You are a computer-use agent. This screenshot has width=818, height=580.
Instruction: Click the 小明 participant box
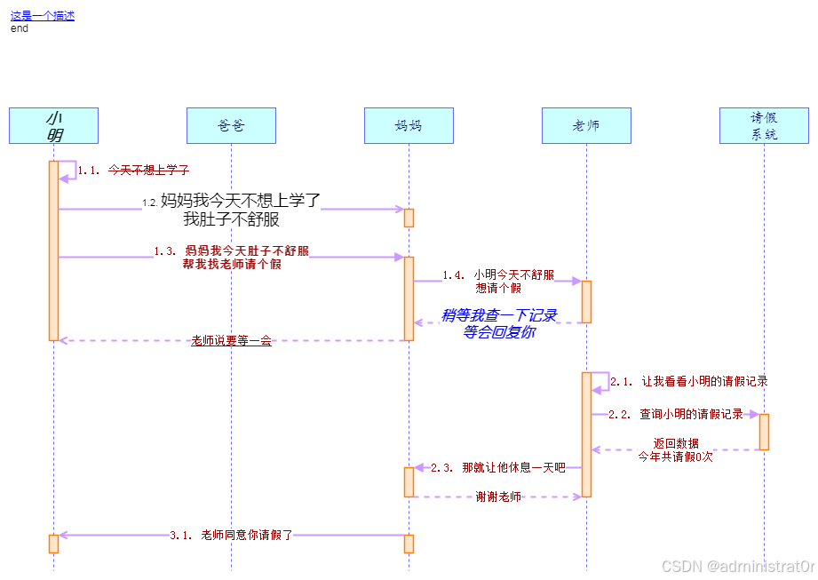[x=53, y=125]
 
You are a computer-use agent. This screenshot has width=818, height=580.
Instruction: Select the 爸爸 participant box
[x=231, y=125]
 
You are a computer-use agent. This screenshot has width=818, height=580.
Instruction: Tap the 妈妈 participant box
[x=409, y=125]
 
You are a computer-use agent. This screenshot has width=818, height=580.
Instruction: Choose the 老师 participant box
[x=586, y=125]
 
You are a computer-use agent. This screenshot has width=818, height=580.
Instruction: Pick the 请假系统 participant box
[x=764, y=125]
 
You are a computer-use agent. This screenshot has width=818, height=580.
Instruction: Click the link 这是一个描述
[x=43, y=15]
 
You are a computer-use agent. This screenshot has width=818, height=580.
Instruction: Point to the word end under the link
[x=20, y=28]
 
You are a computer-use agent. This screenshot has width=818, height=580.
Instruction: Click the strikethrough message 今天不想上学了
[x=148, y=169]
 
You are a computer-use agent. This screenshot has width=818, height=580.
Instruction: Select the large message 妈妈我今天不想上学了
[x=240, y=201]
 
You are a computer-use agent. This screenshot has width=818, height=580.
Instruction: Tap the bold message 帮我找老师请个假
[x=232, y=264]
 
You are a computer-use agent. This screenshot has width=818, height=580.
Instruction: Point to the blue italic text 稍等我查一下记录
[x=498, y=315]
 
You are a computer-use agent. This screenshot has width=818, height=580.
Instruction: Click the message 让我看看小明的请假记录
[x=704, y=381]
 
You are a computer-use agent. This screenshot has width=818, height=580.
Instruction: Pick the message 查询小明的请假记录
[x=691, y=414]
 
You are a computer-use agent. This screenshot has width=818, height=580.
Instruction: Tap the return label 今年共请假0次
[x=675, y=457]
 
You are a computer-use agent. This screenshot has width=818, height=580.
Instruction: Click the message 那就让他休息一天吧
[x=513, y=467]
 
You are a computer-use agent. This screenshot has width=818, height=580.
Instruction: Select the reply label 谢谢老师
[x=497, y=497]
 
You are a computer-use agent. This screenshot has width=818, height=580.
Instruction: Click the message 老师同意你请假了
[x=246, y=535]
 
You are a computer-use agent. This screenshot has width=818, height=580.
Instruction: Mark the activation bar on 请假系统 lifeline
[x=764, y=432]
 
